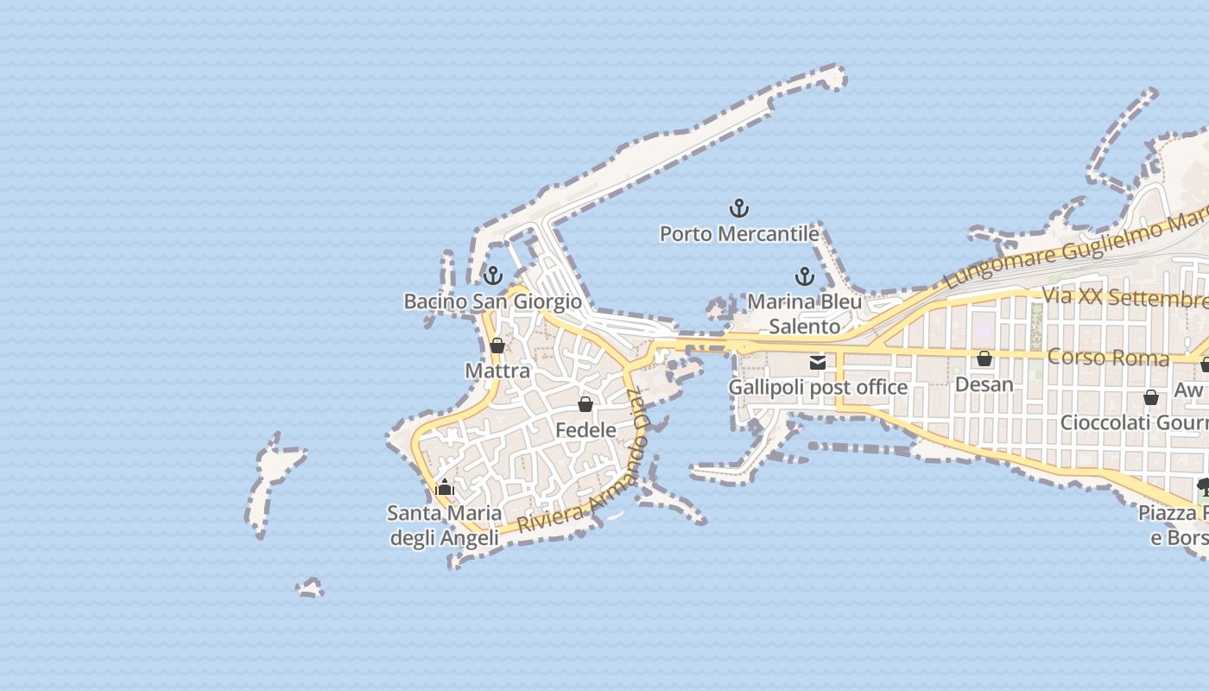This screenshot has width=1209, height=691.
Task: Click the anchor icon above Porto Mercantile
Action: coord(739,208)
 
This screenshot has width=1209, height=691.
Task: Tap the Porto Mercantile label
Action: coord(739,234)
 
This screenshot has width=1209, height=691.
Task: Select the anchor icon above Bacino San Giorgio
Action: coord(492,276)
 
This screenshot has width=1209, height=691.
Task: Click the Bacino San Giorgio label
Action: coord(493,301)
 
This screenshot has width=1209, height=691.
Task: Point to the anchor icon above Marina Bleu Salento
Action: coord(804,276)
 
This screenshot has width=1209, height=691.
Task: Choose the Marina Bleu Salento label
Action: coord(804,314)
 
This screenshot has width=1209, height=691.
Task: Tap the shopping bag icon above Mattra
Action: coord(497,346)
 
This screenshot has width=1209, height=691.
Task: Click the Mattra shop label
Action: coord(497,371)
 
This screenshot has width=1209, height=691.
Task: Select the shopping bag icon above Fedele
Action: coord(586,404)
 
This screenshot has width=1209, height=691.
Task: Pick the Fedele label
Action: coord(586,430)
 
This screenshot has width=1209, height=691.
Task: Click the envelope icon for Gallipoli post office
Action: coord(818,363)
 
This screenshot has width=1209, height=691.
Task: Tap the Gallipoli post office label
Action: coord(818,388)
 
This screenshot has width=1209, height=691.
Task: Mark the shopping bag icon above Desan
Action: coord(984,358)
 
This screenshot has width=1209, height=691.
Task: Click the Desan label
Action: coord(984,384)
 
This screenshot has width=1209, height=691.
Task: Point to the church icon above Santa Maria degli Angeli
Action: coord(445,488)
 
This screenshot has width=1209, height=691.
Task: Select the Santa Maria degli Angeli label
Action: coord(445,525)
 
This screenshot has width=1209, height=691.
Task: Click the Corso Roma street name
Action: coord(1108,357)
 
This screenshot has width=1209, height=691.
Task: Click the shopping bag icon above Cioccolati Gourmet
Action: coord(1151,397)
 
